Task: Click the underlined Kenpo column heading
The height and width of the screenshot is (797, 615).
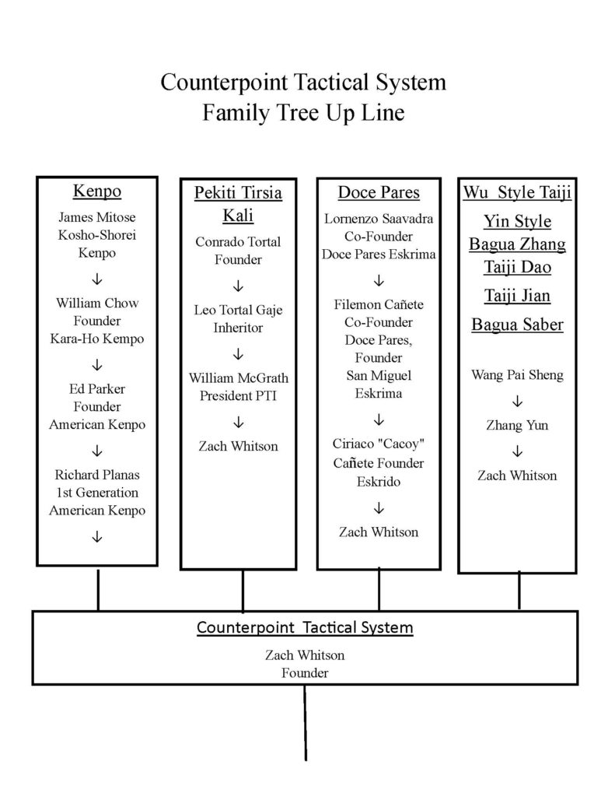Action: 97,191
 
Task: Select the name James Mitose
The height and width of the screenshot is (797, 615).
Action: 97,217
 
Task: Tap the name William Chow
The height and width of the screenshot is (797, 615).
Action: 97,303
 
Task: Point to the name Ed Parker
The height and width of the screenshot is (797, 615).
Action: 97,389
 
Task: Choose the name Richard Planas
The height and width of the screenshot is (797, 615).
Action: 97,475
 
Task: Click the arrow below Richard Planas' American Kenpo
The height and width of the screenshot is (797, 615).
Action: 97,537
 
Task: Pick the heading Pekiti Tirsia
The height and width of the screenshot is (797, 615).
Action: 238,193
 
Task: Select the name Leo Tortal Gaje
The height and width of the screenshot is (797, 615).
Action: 238,310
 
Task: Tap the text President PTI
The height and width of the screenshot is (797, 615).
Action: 238,395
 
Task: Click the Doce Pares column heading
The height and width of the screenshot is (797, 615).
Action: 379,192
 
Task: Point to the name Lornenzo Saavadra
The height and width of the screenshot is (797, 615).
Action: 379,219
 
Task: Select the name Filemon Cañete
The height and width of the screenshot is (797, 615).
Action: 379,304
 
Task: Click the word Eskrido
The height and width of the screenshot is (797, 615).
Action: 379,481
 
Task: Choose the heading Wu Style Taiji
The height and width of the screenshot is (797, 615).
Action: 518,192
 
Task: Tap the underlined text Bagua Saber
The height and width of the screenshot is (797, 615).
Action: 518,325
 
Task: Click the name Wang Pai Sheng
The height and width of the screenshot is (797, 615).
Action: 518,374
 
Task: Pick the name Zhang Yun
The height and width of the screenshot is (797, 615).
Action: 517,425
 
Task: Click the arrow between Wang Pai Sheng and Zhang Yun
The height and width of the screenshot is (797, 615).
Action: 517,402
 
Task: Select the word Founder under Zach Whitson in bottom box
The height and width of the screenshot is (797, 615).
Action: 305,673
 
